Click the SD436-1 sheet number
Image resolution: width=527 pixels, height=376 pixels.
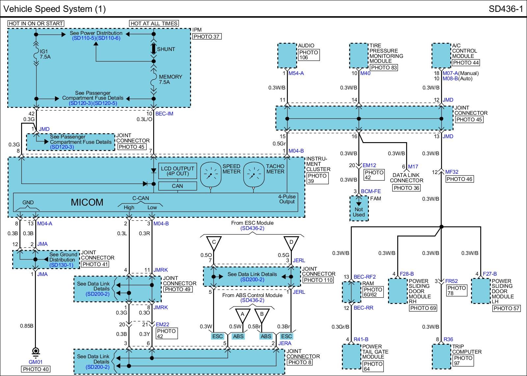[506, 9]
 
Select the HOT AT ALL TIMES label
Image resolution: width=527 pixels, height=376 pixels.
[154, 23]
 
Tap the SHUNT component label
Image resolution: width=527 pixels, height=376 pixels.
[166, 49]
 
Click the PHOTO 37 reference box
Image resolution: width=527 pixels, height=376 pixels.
[207, 37]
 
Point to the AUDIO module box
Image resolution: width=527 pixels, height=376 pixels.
[287, 56]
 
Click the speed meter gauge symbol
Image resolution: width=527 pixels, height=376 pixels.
[211, 175]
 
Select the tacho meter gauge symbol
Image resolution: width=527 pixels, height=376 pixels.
[254, 175]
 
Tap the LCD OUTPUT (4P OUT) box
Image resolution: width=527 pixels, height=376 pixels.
[178, 171]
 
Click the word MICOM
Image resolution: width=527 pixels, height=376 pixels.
[87, 202]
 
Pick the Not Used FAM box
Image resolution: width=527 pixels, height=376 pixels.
[359, 209]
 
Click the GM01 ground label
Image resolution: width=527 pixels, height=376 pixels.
[36, 362]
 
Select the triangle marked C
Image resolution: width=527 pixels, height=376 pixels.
[214, 243]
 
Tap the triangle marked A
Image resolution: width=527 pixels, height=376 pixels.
[242, 315]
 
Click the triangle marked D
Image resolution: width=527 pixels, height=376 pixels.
[291, 243]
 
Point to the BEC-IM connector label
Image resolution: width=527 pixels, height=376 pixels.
[164, 114]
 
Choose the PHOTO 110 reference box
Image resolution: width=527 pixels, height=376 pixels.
[318, 280]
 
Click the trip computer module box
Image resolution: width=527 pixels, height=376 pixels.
[442, 357]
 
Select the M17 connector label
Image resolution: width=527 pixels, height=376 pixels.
[413, 166]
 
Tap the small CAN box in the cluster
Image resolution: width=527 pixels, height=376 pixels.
[178, 186]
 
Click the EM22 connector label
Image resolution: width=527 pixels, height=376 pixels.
[162, 325]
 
